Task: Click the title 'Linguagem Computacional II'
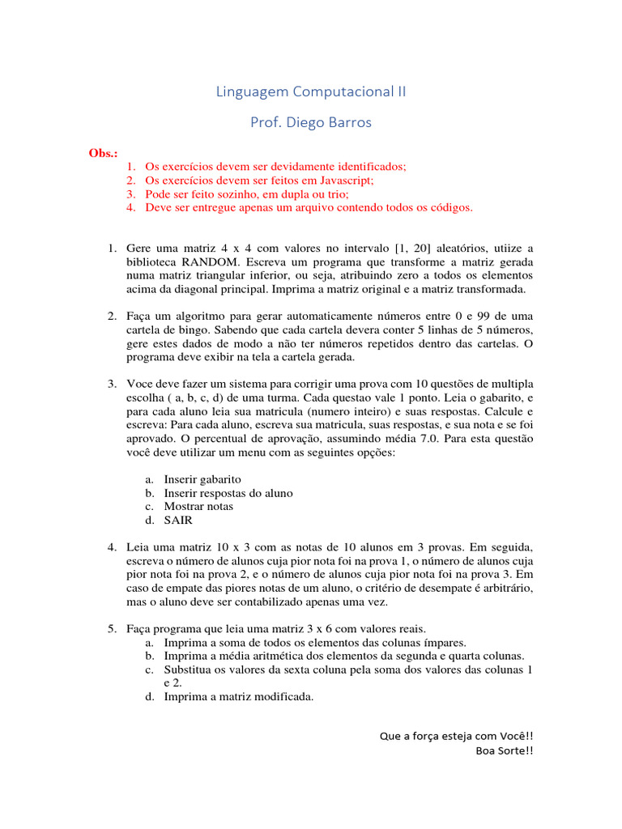tap(311, 91)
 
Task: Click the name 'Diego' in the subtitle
tap(305, 123)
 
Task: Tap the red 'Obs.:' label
tap(103, 153)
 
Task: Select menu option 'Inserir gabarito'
tap(202, 479)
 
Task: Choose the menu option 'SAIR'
tap(178, 521)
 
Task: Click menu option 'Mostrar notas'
tap(198, 507)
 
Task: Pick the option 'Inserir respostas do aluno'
tap(228, 493)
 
